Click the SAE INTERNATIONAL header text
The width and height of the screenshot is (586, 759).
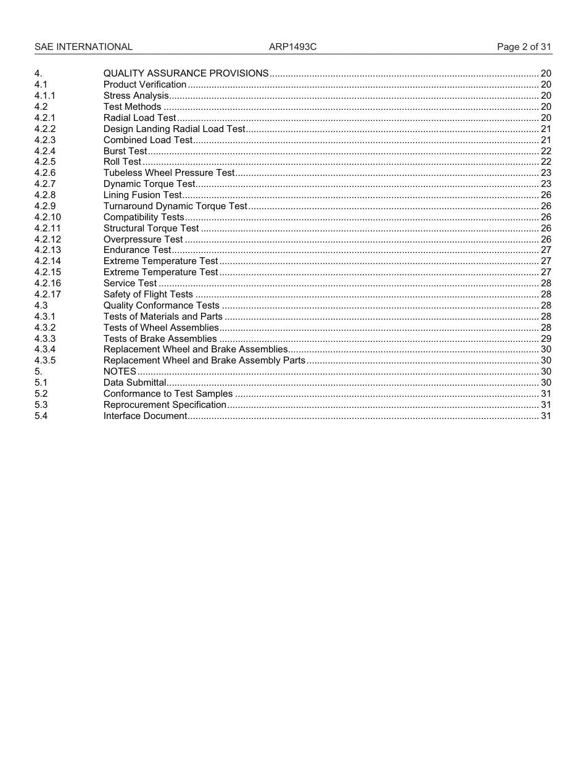(83, 47)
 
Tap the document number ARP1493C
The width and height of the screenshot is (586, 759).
(292, 47)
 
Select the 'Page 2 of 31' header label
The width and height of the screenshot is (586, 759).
(524, 47)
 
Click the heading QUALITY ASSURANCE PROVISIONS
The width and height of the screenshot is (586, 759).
(186, 73)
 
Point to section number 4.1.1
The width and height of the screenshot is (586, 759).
(45, 96)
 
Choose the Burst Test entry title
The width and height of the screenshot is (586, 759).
(125, 151)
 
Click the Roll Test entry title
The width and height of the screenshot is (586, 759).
(122, 162)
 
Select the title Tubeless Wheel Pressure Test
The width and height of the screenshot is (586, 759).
(169, 173)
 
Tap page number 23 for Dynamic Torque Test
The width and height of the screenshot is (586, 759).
(545, 184)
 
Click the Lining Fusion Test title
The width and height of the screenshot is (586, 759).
(142, 195)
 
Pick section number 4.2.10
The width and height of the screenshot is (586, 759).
(47, 217)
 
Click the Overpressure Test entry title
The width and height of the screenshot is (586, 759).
(143, 239)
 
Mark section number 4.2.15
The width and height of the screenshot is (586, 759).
(47, 272)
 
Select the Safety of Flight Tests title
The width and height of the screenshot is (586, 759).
(148, 294)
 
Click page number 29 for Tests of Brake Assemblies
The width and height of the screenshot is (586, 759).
(545, 339)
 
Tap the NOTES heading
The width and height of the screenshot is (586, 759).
(120, 371)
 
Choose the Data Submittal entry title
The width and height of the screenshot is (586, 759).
(134, 383)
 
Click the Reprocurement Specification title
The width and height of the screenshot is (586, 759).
(165, 405)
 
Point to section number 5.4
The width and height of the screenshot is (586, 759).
(41, 416)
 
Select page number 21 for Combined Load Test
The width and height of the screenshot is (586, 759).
(545, 140)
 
